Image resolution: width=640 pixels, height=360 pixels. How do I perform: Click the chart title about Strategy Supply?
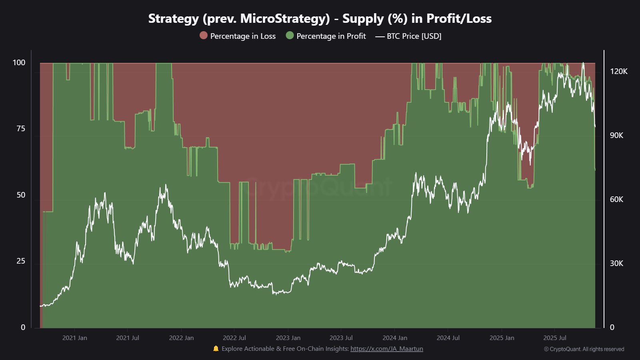point(320,18)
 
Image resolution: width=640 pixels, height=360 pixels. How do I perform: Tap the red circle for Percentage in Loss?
point(204,36)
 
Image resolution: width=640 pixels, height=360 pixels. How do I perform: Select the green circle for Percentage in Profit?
point(290,36)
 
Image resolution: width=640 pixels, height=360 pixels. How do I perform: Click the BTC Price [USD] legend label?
point(414,36)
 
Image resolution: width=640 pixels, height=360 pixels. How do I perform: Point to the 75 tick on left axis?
point(20,128)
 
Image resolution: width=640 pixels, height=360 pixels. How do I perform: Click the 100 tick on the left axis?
point(19,62)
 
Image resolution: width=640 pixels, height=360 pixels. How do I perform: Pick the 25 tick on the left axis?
point(21,261)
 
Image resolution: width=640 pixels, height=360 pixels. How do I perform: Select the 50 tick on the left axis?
point(21,195)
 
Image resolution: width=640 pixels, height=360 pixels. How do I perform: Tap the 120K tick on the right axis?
point(618,71)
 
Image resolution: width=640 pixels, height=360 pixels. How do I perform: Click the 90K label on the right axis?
point(616,135)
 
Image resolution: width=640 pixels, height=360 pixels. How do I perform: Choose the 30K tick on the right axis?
point(616,263)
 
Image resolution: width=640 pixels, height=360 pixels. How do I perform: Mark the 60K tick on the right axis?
point(616,199)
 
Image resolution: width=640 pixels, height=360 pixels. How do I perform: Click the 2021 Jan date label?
point(74,338)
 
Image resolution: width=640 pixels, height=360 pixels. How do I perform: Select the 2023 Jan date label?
point(288,338)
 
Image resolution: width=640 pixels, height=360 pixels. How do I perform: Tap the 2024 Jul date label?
point(448,338)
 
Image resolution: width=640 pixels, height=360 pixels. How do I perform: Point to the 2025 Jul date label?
point(554,338)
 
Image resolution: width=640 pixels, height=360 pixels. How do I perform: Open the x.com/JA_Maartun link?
point(386,349)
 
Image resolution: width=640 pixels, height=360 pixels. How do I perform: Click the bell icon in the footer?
point(216,348)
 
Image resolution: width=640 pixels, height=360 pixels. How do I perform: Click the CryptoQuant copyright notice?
point(584,349)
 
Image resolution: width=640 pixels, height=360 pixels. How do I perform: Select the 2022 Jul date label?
point(234,338)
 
